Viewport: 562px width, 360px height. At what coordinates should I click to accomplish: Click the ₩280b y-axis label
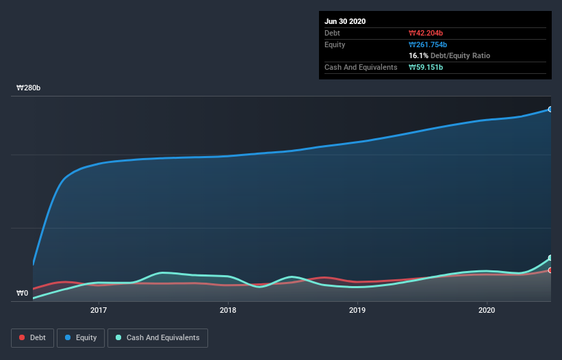tap(29, 88)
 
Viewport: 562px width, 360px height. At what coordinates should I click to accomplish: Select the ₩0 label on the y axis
tap(23, 294)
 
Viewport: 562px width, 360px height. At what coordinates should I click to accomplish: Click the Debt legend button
tap(32, 337)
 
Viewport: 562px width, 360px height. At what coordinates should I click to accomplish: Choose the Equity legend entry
tap(81, 337)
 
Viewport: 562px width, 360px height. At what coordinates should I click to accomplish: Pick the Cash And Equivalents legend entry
tap(157, 337)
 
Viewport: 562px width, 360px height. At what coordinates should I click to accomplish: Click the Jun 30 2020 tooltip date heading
tap(345, 21)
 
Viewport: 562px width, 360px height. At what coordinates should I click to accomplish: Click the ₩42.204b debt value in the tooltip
tap(427, 33)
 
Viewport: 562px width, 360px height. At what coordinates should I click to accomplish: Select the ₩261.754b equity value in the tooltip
tap(429, 44)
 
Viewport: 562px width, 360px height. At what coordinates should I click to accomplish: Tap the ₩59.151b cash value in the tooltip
tap(427, 67)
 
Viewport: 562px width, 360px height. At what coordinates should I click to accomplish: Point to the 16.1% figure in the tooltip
tap(418, 55)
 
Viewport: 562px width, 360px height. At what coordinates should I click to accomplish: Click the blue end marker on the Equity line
tap(550, 110)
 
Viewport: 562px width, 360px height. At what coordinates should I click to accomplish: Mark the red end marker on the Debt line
tap(550, 270)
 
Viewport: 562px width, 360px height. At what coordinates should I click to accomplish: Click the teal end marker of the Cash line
tap(550, 258)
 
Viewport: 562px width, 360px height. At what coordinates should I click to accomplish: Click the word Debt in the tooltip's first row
tap(332, 33)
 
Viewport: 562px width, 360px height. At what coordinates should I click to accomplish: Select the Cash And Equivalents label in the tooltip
tap(361, 67)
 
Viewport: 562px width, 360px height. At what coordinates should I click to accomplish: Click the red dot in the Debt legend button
tap(23, 337)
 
